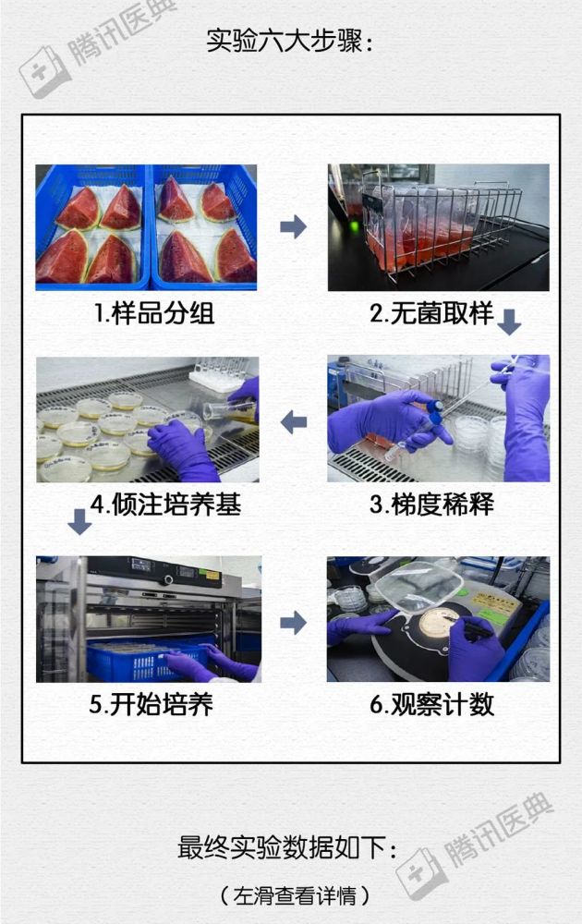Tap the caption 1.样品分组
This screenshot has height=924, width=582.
[x=154, y=313]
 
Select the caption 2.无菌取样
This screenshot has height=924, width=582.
[x=431, y=313]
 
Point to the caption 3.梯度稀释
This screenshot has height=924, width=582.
[x=431, y=505]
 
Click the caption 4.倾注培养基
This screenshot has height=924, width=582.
[x=165, y=505]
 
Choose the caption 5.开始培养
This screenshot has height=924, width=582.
[x=151, y=704]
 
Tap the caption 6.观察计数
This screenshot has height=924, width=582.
[x=431, y=704]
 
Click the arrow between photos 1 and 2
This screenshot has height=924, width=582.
[x=293, y=226]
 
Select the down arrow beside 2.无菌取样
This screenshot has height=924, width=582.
[x=509, y=322]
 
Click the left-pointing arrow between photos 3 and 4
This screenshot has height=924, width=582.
[x=294, y=422]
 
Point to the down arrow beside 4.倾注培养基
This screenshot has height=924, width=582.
[x=79, y=521]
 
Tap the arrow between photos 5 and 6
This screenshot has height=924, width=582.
[x=293, y=623]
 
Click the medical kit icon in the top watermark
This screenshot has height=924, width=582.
[x=42, y=72]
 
